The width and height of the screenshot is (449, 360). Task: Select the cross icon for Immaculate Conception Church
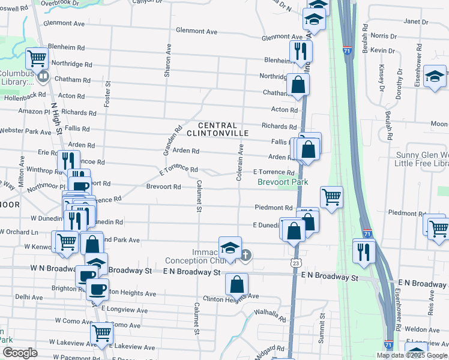[246, 256]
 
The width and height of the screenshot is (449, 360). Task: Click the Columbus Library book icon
[43, 76]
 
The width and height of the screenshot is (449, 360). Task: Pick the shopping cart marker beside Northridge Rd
[37, 59]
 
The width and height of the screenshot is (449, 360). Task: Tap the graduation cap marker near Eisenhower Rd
[435, 77]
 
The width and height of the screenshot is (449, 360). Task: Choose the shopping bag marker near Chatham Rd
[298, 85]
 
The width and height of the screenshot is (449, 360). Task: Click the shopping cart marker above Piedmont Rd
[331, 196]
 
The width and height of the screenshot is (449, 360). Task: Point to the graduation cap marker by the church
[230, 247]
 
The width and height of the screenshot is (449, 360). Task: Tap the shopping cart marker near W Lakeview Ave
[102, 333]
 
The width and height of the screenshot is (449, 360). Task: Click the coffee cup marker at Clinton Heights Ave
[97, 289]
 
